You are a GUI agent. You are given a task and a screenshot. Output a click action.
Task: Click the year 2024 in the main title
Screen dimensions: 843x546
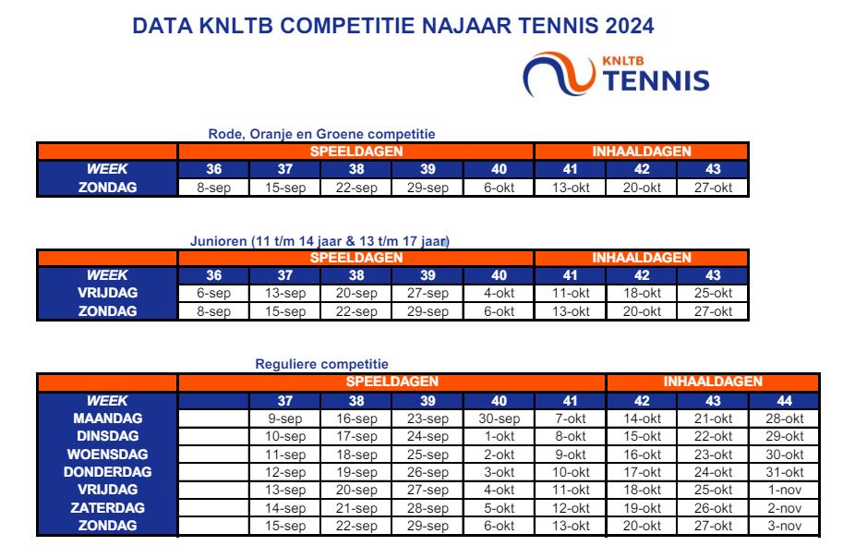[x=629, y=26]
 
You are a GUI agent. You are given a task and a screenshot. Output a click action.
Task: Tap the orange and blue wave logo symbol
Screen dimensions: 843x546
[x=560, y=74]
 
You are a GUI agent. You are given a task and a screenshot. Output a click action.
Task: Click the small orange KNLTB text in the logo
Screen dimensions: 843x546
[x=623, y=61]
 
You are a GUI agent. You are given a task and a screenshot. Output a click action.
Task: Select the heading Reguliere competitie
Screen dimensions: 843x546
[x=321, y=364]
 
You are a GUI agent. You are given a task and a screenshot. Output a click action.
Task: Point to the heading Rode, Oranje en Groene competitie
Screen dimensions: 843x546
[x=321, y=134]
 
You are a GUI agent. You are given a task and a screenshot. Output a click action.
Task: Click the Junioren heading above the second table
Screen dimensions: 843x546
[x=319, y=241]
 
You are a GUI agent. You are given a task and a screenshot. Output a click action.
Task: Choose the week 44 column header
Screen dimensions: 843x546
[x=785, y=401]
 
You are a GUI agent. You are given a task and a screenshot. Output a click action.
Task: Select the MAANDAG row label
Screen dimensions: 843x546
[x=107, y=419]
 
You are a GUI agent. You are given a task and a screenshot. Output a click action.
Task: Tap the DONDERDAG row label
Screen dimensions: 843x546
[x=107, y=472]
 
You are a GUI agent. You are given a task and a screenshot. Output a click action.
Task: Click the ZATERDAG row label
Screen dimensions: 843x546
[x=107, y=508]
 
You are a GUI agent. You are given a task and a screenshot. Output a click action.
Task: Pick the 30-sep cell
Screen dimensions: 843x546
[x=499, y=419]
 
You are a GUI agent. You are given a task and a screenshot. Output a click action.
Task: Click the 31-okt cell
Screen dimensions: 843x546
[x=785, y=472]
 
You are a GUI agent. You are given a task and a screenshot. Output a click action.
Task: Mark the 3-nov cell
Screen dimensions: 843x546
[x=785, y=526]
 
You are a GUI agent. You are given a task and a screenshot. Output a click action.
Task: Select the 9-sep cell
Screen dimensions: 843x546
[x=285, y=419]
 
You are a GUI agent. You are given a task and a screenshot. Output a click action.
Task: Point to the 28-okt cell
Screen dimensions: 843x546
[x=785, y=419]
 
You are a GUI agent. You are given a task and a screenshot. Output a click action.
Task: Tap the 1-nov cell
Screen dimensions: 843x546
[x=785, y=490]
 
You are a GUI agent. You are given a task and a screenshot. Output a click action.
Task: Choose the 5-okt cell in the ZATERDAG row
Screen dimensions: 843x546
[x=499, y=508]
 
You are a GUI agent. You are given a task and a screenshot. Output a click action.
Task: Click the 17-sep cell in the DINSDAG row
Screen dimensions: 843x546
[x=356, y=436]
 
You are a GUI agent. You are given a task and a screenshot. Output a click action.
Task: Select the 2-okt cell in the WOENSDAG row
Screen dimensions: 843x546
[x=499, y=455]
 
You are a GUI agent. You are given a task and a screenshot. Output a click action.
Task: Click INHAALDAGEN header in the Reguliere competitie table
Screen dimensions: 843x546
[x=713, y=382]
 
